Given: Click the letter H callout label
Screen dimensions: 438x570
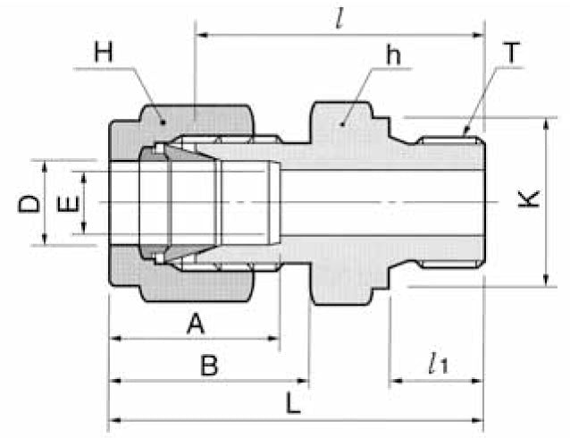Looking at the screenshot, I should click(x=105, y=53).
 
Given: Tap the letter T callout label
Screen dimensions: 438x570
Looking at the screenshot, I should click(x=511, y=53).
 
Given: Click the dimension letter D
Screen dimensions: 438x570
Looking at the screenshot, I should click(x=29, y=205).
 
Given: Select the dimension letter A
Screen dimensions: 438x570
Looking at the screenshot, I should click(x=195, y=324).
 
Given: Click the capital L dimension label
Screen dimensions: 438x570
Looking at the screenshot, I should click(x=293, y=403).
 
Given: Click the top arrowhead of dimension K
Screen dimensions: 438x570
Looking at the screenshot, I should click(x=544, y=122).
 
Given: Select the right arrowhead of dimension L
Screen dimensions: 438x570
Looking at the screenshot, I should click(x=478, y=420).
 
